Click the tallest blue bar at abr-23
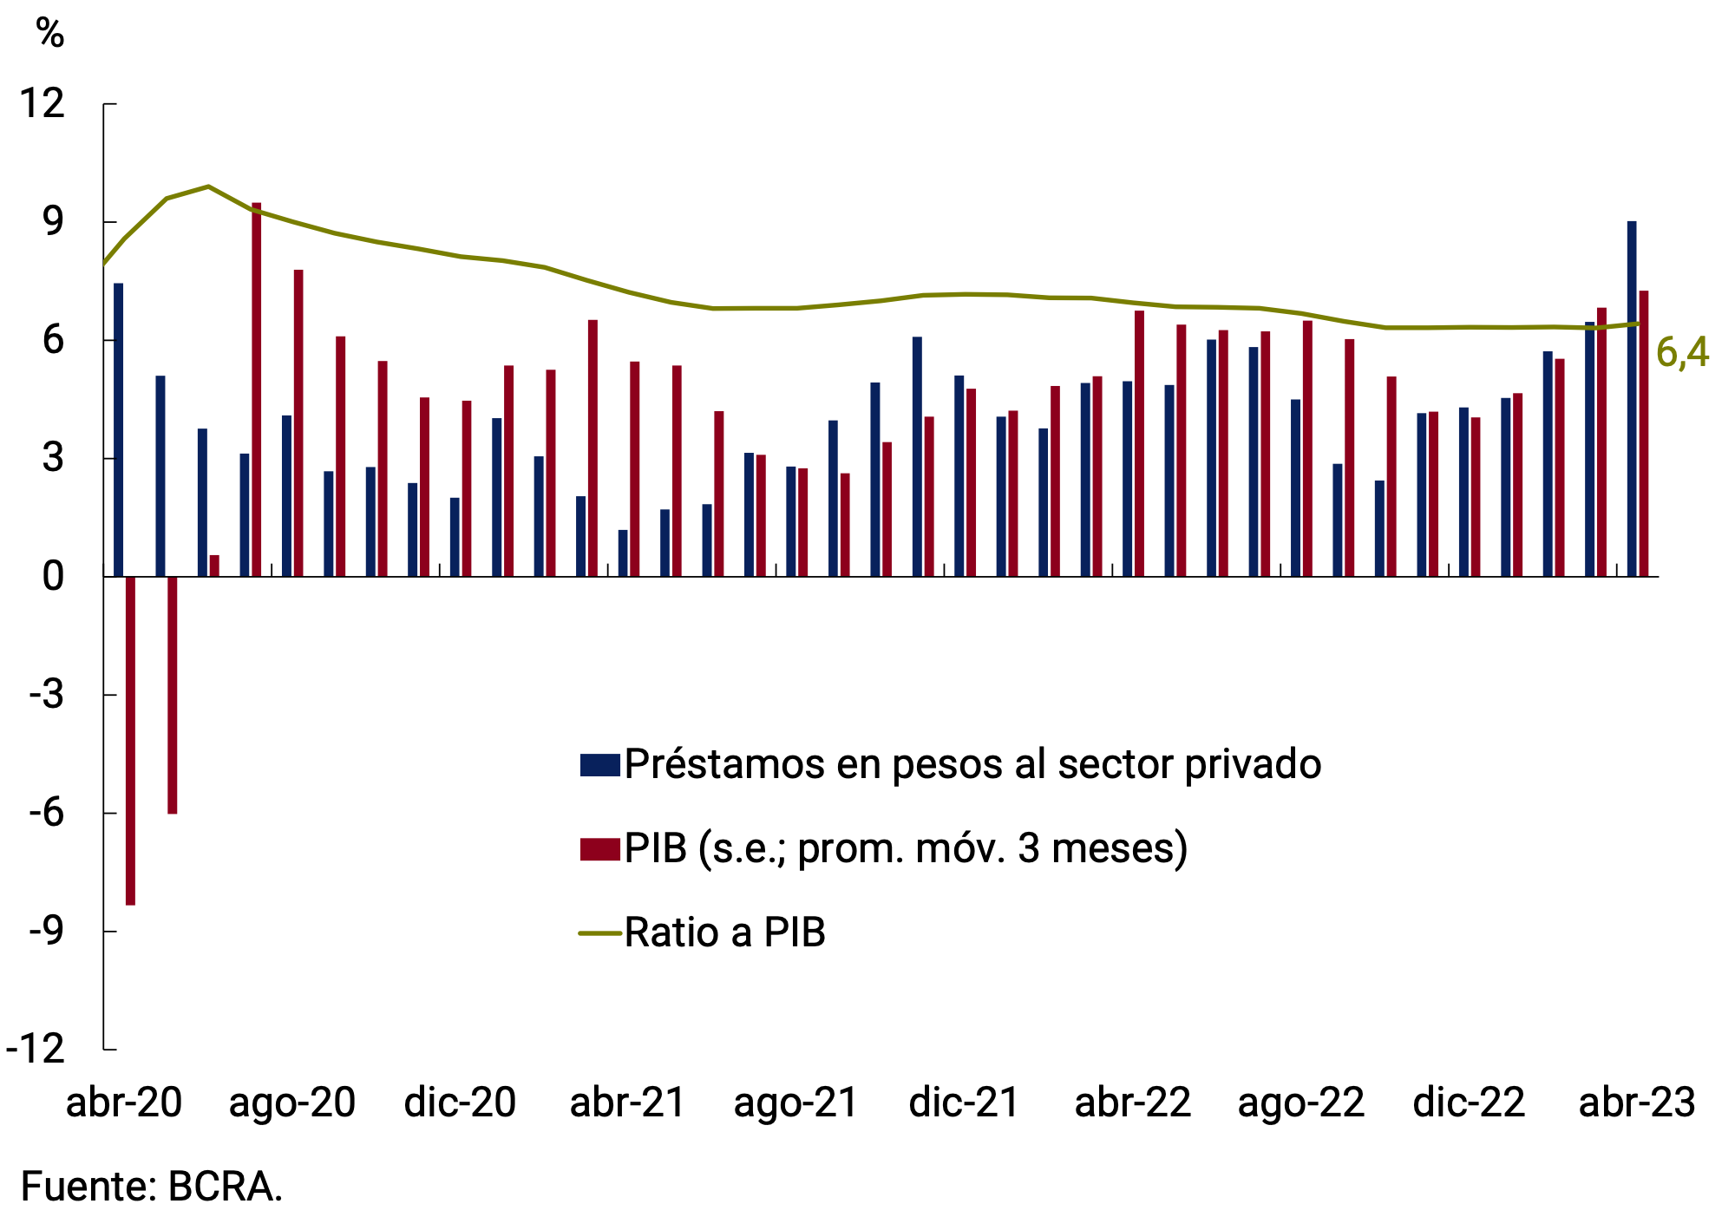coord(1632,399)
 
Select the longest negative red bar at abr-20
coord(130,742)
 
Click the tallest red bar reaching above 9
coord(257,390)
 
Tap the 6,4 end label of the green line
coord(1682,353)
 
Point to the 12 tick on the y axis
coord(43,104)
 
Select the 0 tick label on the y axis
coord(53,577)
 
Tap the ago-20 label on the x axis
coord(292,1103)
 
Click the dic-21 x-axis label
coord(964,1103)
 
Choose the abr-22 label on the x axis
coord(1132,1103)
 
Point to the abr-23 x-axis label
coord(1636,1103)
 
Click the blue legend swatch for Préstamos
coord(600,764)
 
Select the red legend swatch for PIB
coord(600,848)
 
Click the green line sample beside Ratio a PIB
coord(600,933)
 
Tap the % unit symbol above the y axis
coord(50,34)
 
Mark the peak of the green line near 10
coord(208,186)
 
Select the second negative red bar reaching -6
coord(173,695)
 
